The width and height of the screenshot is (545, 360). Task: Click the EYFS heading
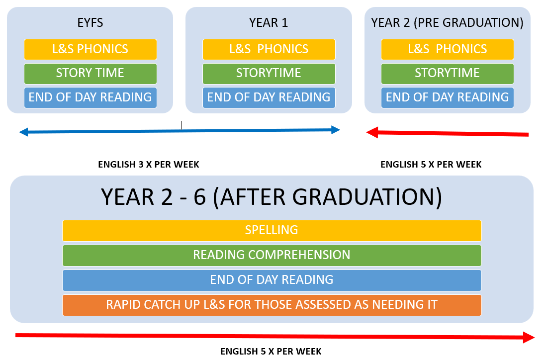click(90, 22)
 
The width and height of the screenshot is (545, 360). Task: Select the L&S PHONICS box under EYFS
click(91, 49)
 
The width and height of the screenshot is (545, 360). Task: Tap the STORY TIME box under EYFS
click(91, 74)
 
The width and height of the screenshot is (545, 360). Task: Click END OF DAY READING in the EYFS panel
click(91, 97)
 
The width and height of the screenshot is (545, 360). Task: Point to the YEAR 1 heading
click(269, 22)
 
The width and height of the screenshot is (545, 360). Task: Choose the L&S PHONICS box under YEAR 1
click(269, 49)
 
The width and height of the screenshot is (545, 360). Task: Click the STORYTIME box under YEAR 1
click(269, 74)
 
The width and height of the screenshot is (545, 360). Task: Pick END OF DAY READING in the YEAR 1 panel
click(269, 97)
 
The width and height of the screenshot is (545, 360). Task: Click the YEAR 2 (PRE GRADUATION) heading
click(448, 23)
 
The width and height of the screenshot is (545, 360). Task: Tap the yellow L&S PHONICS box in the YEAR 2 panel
click(448, 49)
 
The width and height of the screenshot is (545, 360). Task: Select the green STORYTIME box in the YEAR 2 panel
click(448, 74)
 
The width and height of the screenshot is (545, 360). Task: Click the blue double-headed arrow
click(180, 131)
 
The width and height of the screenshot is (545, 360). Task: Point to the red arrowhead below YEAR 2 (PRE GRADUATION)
click(372, 132)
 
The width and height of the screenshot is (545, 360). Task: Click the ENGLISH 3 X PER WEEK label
click(148, 165)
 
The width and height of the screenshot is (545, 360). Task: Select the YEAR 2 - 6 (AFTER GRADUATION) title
click(272, 197)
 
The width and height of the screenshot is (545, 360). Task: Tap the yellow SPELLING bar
click(272, 230)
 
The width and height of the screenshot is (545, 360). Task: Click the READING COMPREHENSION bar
click(272, 256)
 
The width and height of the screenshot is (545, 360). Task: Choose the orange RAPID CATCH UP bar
click(272, 305)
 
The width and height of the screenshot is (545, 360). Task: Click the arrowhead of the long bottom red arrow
click(529, 338)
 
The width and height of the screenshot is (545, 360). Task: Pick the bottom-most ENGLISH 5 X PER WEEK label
click(271, 352)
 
